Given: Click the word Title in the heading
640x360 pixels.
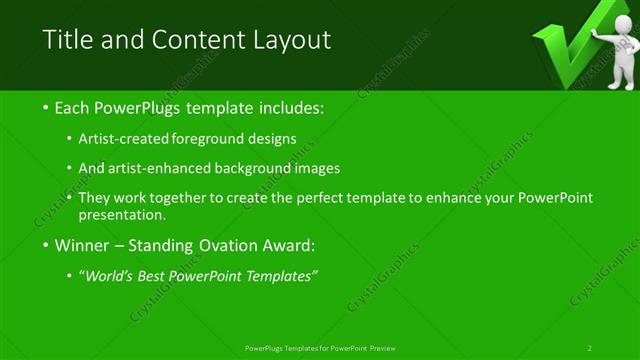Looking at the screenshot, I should [x=66, y=40].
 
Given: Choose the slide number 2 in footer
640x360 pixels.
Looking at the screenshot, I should [x=590, y=348].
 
